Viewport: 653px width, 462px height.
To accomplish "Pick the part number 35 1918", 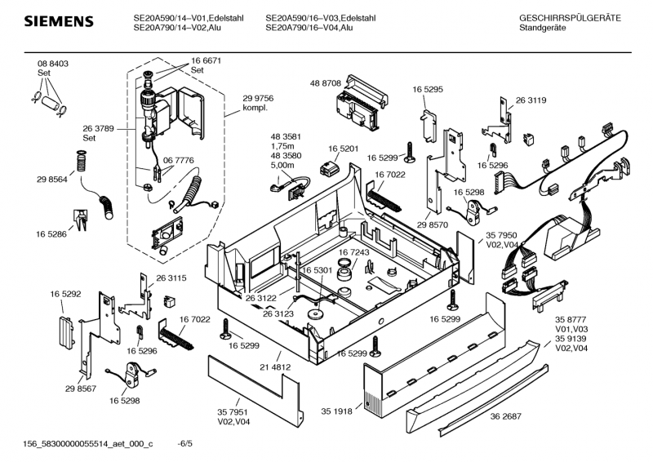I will pos(336,411).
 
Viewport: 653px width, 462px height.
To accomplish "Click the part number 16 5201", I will pos(344,149).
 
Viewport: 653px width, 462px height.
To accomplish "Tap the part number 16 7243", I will pos(355,252).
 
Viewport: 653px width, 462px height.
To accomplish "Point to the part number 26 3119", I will pos(531,101).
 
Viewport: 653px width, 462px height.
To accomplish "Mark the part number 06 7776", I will pos(178,161).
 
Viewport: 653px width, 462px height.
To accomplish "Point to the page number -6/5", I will pos(185,443).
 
